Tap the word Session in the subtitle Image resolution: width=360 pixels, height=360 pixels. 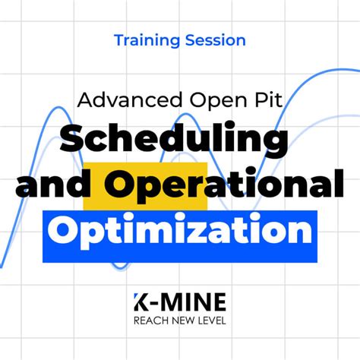click(216, 39)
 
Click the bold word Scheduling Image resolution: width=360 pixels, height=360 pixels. click(174, 139)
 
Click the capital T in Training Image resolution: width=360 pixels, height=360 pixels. click(118, 39)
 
